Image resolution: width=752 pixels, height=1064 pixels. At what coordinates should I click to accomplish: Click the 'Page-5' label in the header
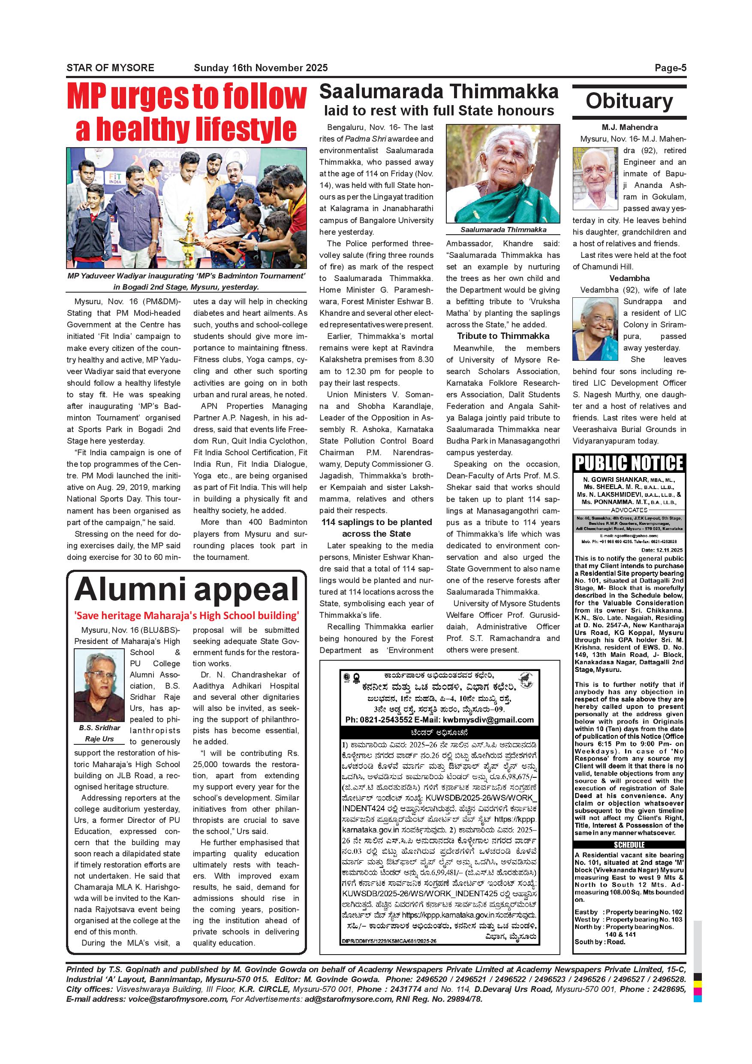click(670, 68)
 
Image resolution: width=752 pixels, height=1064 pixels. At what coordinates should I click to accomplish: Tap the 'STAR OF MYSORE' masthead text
click(110, 68)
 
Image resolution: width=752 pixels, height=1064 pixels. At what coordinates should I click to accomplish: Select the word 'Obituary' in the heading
click(629, 101)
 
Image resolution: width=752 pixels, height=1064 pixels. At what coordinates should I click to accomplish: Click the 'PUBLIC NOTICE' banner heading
click(629, 463)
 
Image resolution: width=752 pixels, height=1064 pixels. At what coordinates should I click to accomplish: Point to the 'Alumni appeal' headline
click(186, 589)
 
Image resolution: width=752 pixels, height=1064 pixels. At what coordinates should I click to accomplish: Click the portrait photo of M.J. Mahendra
click(596, 179)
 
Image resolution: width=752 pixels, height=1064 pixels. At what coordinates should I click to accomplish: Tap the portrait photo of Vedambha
click(596, 329)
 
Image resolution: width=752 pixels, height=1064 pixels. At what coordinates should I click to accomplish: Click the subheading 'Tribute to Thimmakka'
click(503, 336)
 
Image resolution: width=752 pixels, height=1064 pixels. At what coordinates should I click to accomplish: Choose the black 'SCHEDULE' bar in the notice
click(629, 844)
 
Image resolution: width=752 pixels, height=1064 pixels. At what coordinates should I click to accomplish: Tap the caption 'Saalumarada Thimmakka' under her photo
click(503, 230)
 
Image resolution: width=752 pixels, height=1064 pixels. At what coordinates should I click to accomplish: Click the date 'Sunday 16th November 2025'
click(261, 68)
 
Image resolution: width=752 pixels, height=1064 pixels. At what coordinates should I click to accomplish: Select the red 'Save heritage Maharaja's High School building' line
click(186, 615)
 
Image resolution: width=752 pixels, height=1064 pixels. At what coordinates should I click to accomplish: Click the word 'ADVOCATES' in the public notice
click(629, 510)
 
